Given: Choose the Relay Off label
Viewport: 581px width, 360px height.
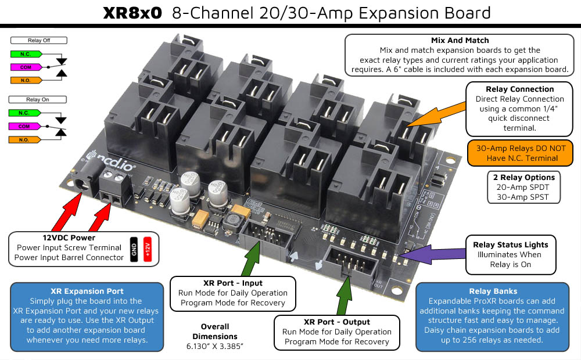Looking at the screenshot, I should [x=38, y=41].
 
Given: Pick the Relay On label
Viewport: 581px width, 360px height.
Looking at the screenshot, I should [x=38, y=100].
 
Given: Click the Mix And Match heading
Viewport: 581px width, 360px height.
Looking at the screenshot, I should [x=460, y=41].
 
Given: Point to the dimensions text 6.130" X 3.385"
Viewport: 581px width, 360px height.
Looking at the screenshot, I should [x=215, y=347].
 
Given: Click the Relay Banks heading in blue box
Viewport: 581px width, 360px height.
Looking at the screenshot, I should [x=493, y=291].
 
